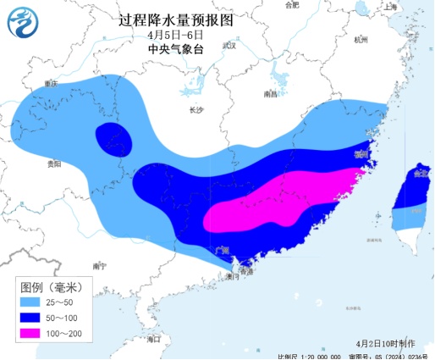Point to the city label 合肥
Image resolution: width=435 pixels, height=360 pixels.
pos(293,6)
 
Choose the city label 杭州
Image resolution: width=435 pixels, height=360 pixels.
pos(362,40)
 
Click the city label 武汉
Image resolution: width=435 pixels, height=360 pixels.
pos(229,45)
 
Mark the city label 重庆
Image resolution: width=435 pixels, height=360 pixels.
pos(52,84)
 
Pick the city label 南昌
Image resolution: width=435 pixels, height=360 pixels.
pos(271,94)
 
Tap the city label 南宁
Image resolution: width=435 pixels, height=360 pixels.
pos(100,265)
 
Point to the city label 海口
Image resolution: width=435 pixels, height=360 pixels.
pos(153,339)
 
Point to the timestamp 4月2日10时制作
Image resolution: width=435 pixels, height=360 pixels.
pos(385,342)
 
